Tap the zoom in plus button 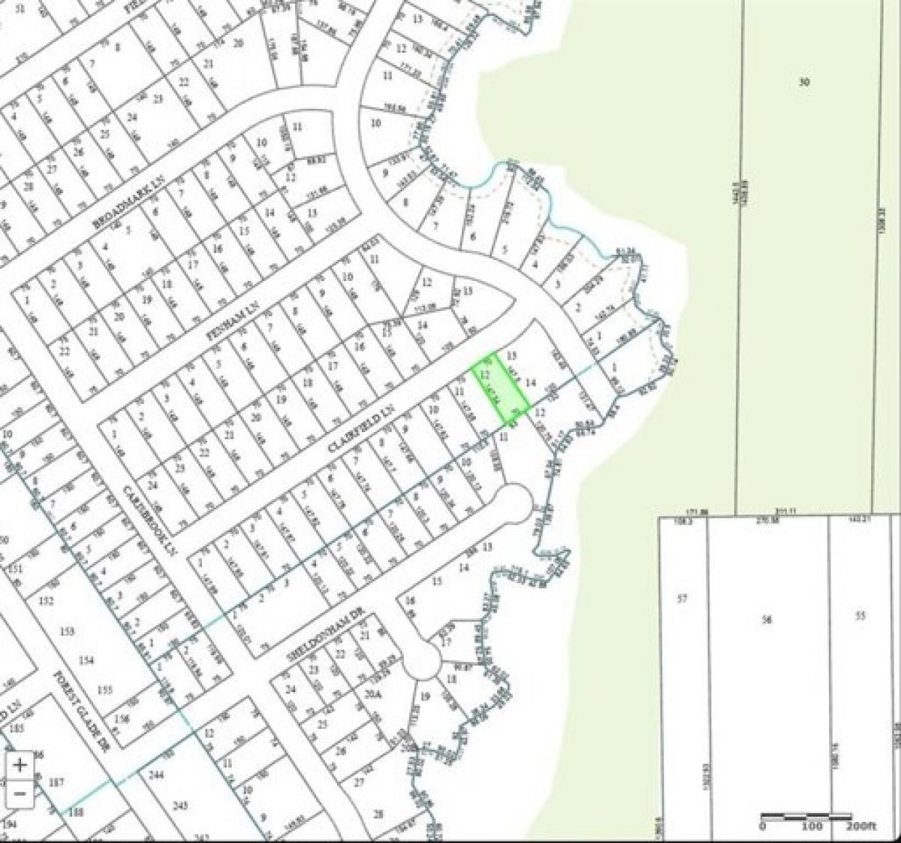(21, 765)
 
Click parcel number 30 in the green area (803, 82)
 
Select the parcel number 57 (682, 599)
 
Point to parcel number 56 (767, 619)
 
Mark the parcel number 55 (861, 615)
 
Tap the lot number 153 (68, 631)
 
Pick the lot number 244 (156, 774)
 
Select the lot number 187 (56, 783)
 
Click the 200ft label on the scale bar (861, 826)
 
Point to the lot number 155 (104, 690)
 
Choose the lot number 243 (179, 805)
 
